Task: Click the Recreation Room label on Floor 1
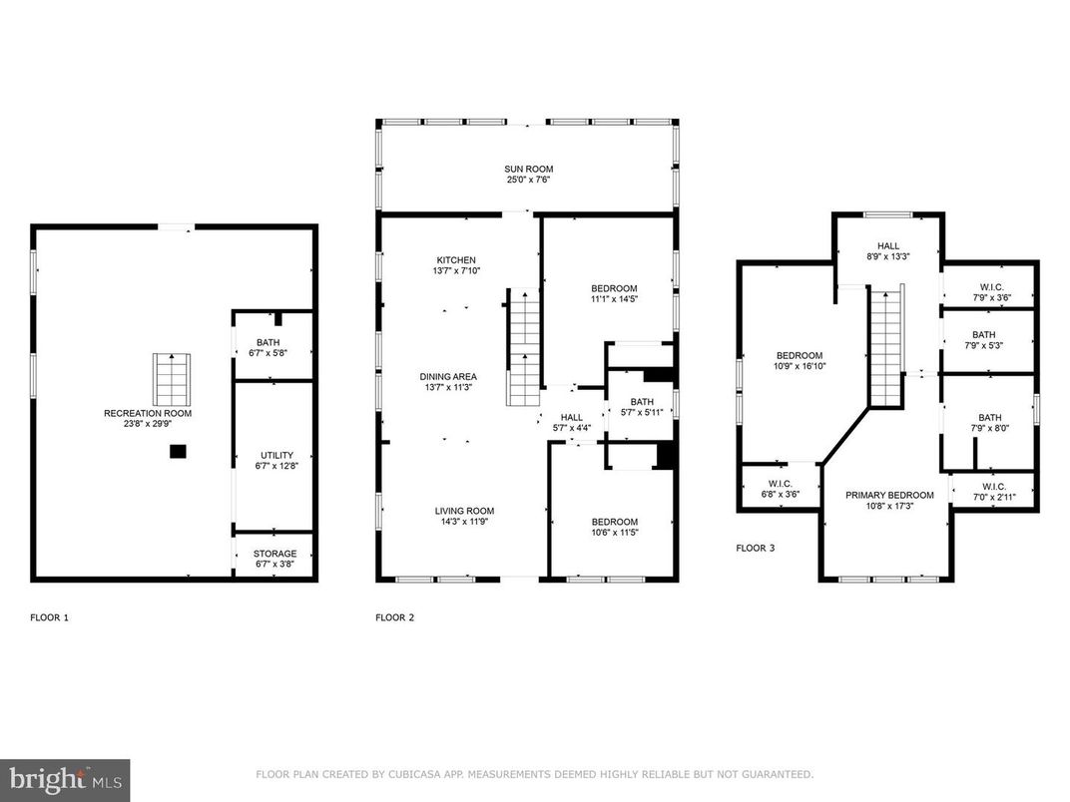click(x=148, y=413)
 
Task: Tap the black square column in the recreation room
click(x=177, y=452)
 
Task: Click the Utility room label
click(x=275, y=455)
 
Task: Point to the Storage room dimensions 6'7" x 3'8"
click(x=274, y=566)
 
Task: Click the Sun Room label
click(x=528, y=169)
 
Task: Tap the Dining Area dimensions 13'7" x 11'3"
click(x=447, y=388)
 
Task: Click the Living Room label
click(x=464, y=511)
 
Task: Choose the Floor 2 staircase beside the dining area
click(x=522, y=347)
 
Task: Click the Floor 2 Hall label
click(x=571, y=418)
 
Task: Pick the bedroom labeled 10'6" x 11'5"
click(x=614, y=527)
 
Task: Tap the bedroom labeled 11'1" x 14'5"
click(x=614, y=294)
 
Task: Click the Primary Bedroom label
click(x=889, y=495)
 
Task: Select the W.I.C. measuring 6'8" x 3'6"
click(x=780, y=489)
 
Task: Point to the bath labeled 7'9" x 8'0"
click(x=989, y=424)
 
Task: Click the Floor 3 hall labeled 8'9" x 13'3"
click(x=888, y=251)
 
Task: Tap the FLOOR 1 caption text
click(x=50, y=617)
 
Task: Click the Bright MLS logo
click(x=64, y=778)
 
